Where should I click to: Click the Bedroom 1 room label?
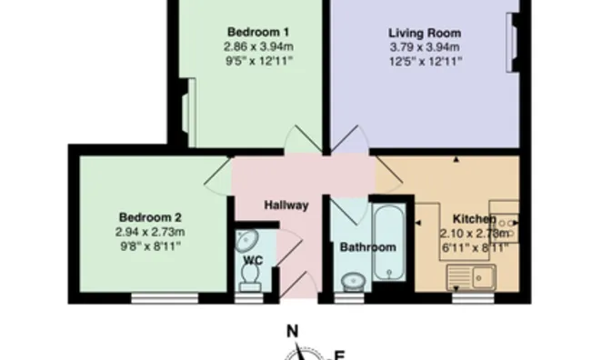(x=258, y=32)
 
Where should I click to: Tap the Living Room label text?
(x=425, y=33)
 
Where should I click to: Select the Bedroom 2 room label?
(x=150, y=217)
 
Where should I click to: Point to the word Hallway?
(x=286, y=205)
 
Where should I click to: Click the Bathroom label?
(x=368, y=247)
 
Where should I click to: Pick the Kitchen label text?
(x=475, y=219)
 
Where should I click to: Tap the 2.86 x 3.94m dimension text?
(x=259, y=46)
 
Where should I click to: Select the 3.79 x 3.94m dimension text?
(x=425, y=47)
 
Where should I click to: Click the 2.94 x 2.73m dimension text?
(x=150, y=232)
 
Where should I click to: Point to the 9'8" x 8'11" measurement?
(x=150, y=246)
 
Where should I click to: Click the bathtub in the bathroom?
(x=388, y=243)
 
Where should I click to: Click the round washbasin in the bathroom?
(x=353, y=283)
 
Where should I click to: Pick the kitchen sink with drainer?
(x=471, y=276)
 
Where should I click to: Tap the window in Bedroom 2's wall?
(x=165, y=298)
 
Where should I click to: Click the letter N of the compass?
(x=293, y=331)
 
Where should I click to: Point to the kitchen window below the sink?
(x=473, y=298)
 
